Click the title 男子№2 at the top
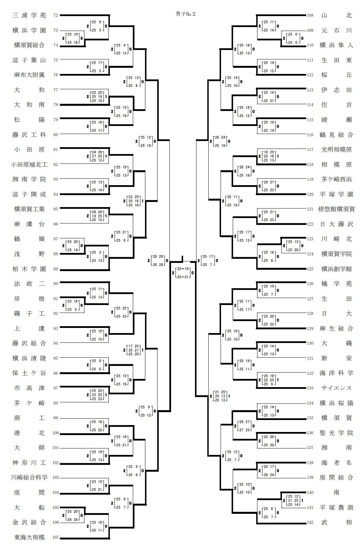(x=185, y=14)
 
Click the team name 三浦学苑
(x=29, y=15)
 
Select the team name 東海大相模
(x=29, y=537)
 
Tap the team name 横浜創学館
(x=336, y=269)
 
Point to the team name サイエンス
(x=336, y=388)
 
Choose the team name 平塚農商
(x=336, y=508)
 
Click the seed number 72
(x=56, y=15)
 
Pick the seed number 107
(x=55, y=537)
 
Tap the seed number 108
(x=310, y=15)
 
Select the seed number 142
(x=310, y=522)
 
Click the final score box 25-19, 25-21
(x=183, y=273)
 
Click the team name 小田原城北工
(x=29, y=165)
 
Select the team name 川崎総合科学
(x=29, y=478)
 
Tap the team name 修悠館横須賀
(x=336, y=209)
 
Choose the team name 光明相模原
(x=336, y=150)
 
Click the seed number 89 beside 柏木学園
(x=56, y=269)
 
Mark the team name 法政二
(x=29, y=284)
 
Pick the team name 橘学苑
(x=336, y=284)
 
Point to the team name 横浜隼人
(x=336, y=45)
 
